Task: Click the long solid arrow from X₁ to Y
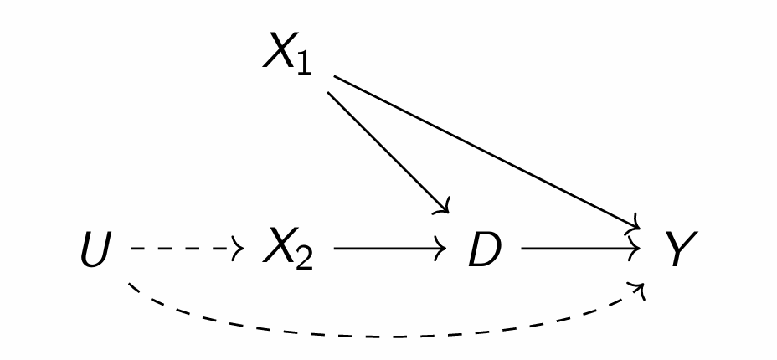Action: (x=486, y=151)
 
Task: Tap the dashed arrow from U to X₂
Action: (x=184, y=249)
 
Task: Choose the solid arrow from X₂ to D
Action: (x=389, y=249)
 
